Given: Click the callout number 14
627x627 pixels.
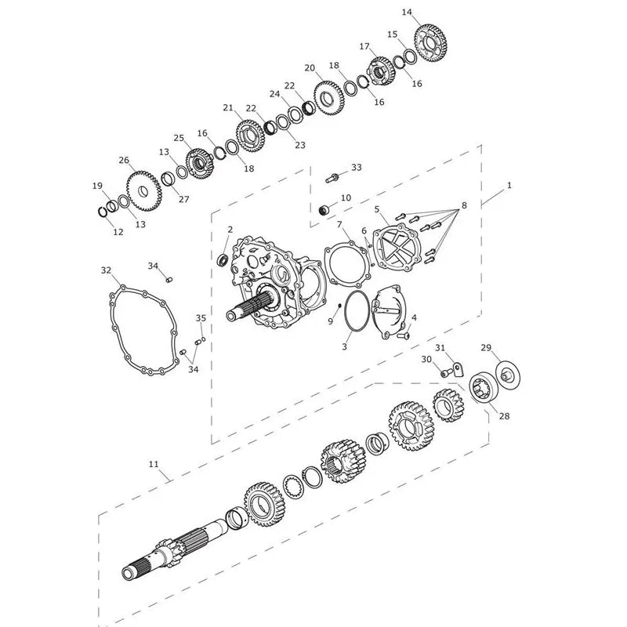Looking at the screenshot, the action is point(407,13).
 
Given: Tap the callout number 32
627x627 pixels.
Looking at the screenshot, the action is point(106,270).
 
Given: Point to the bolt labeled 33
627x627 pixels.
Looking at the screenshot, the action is point(332,177).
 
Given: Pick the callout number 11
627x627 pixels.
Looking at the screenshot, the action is point(154,464).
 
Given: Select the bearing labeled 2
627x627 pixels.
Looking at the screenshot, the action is point(223,260).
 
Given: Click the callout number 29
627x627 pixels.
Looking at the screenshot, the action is point(486,348).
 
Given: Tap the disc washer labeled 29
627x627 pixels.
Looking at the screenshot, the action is point(508,375).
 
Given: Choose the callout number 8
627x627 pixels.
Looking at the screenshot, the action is point(464,205).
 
